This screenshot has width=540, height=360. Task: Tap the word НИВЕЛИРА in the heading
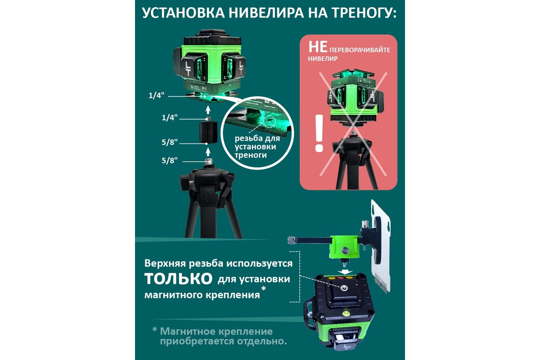coord(266,13)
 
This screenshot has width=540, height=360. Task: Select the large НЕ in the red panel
coord(318,47)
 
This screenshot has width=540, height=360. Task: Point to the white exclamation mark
coord(319,133)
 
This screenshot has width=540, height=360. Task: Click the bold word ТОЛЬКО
coord(178,279)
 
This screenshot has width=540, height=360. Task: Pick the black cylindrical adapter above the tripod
coord(208,132)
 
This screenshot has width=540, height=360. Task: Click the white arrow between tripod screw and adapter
coord(208,153)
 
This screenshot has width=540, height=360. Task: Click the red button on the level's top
coord(340,278)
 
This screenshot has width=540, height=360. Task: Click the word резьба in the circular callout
coord(248,139)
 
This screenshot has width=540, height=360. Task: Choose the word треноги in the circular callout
coord(251,155)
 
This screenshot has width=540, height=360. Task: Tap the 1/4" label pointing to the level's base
coord(156,95)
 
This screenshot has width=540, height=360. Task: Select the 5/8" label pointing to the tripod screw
coord(170,160)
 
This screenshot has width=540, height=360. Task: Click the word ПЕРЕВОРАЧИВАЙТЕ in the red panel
coord(360,50)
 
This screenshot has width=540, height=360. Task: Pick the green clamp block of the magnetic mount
coord(344,247)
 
